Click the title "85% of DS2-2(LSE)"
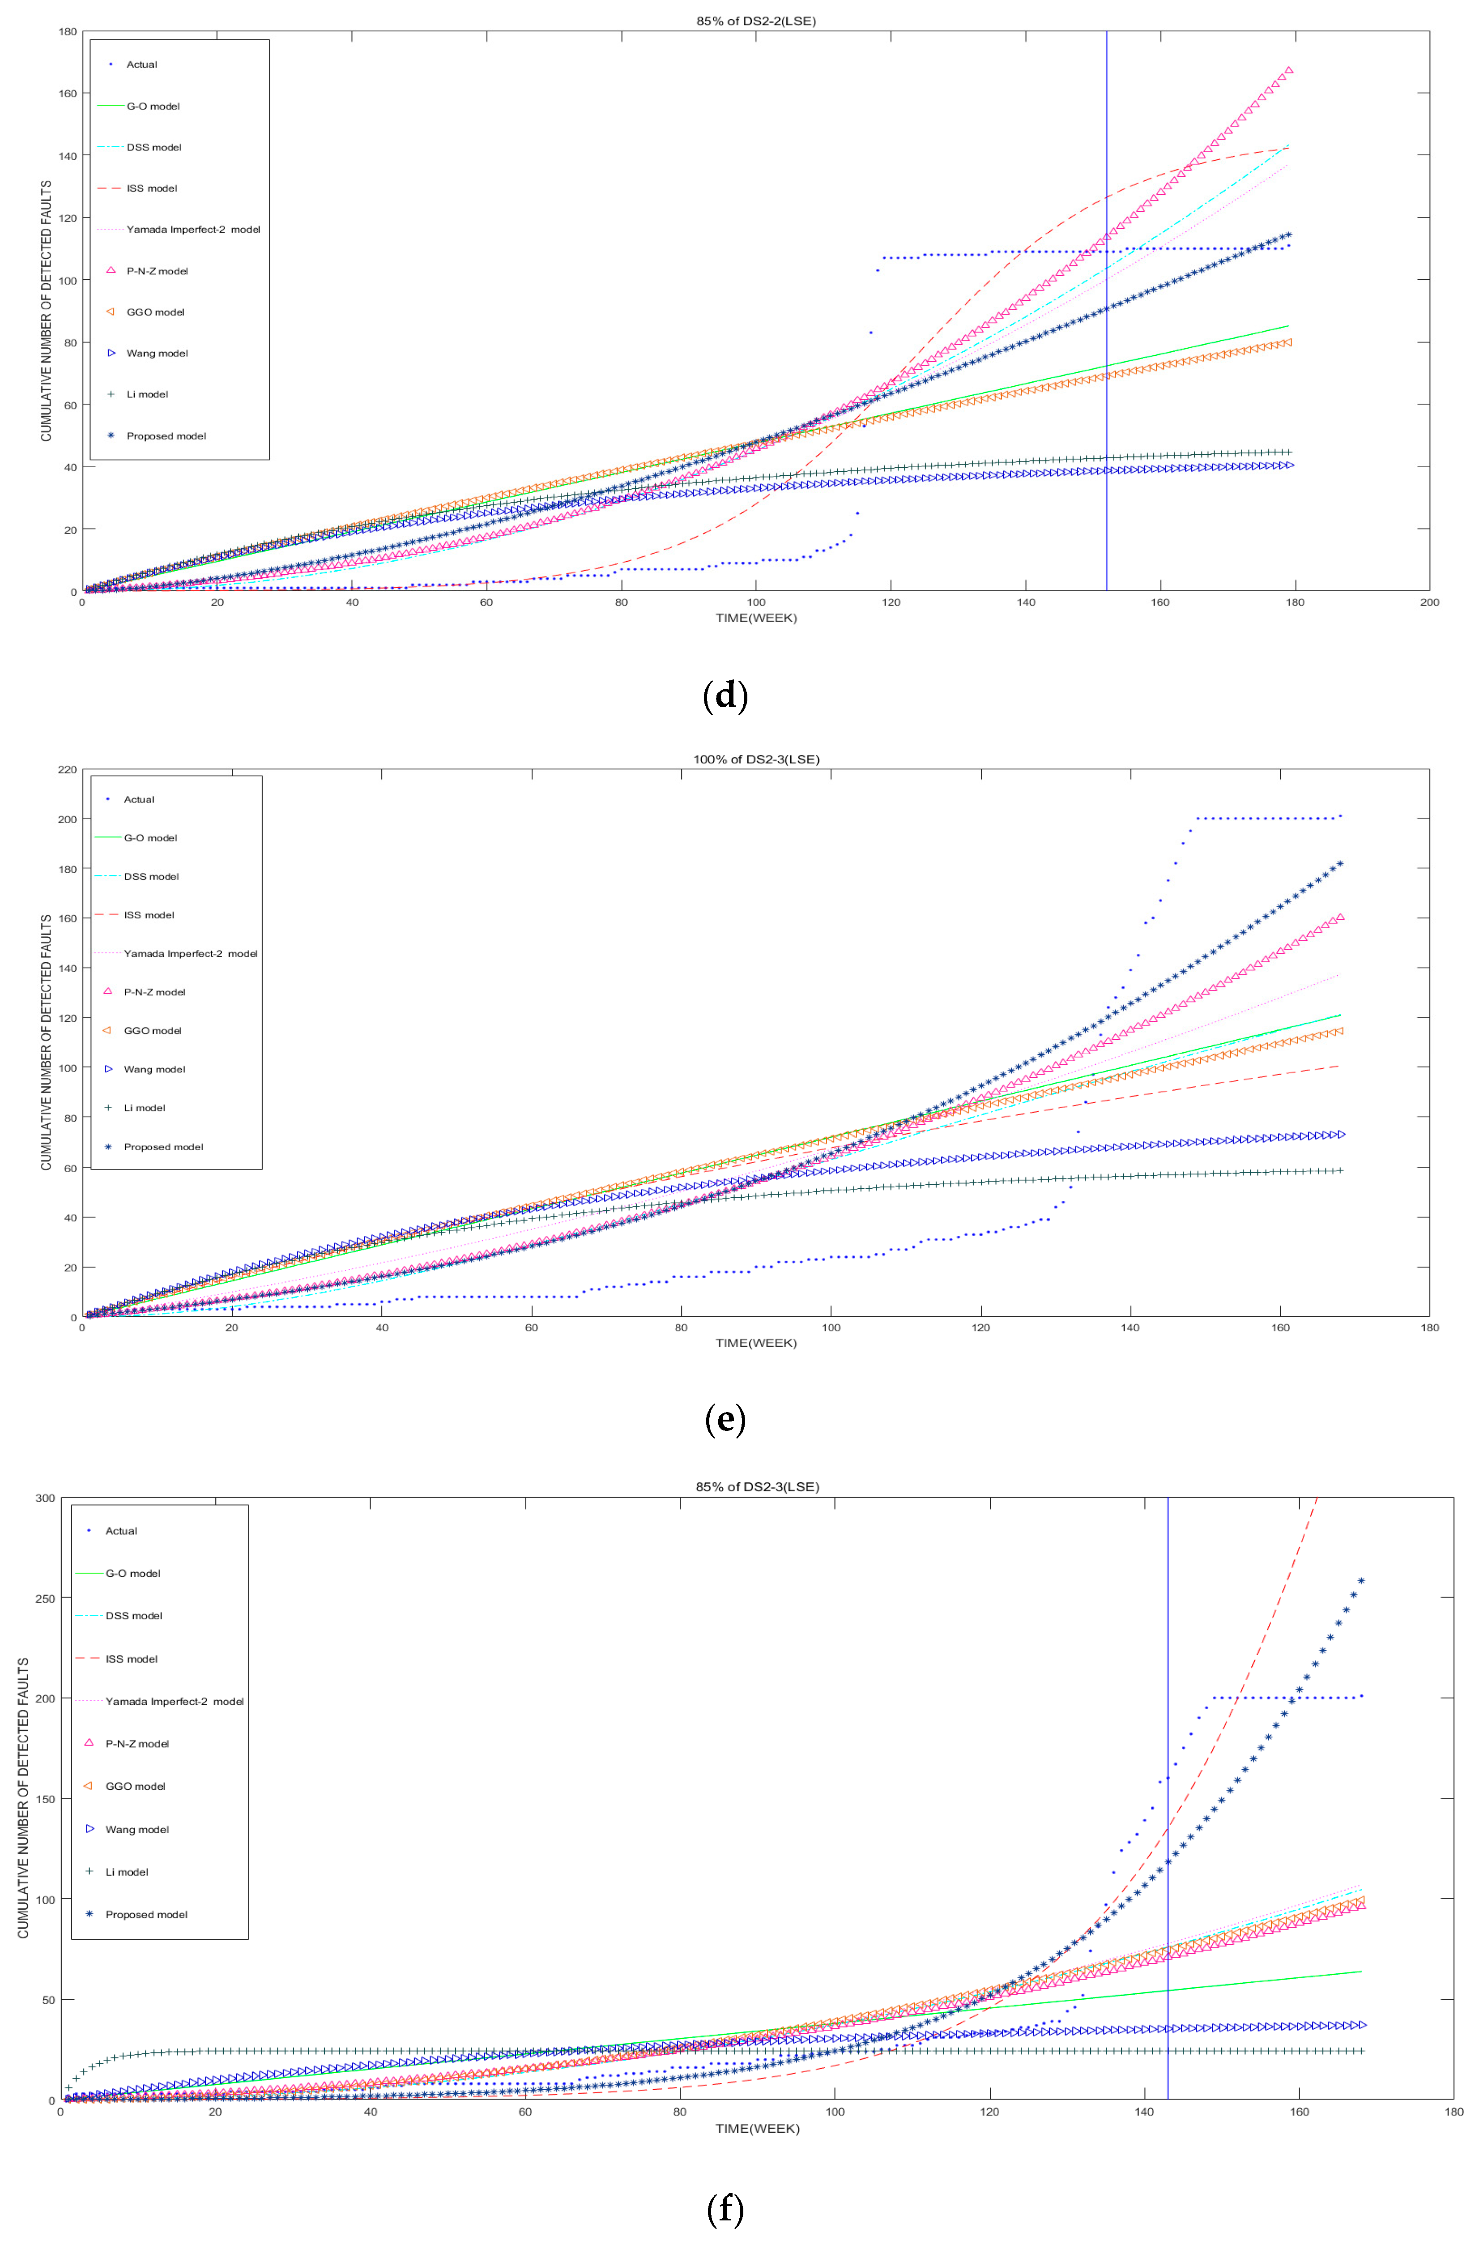pos(755,21)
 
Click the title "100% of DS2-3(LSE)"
pos(755,759)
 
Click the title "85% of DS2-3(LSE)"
pos(756,1486)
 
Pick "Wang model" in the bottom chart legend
pos(137,1829)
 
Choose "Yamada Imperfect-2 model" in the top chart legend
pos(192,229)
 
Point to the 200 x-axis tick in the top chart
pos(1429,603)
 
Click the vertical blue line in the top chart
pos(1106,311)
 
